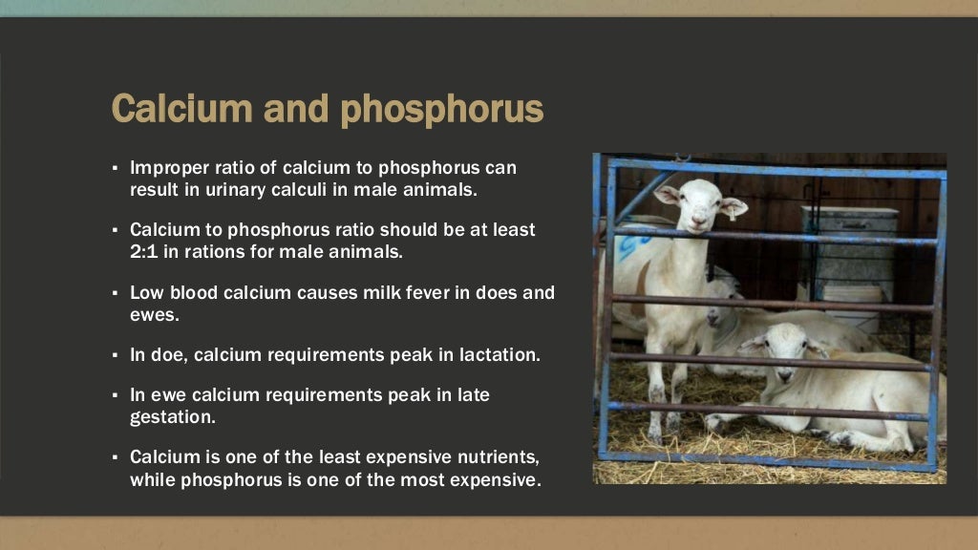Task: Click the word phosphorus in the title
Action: click(x=442, y=111)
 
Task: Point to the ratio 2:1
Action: click(x=145, y=252)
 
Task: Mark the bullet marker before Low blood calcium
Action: click(x=114, y=293)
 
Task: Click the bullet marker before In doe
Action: click(x=114, y=355)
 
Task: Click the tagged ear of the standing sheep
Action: click(x=733, y=206)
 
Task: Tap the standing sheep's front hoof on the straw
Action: click(x=658, y=421)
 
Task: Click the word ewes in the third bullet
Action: click(x=151, y=313)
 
